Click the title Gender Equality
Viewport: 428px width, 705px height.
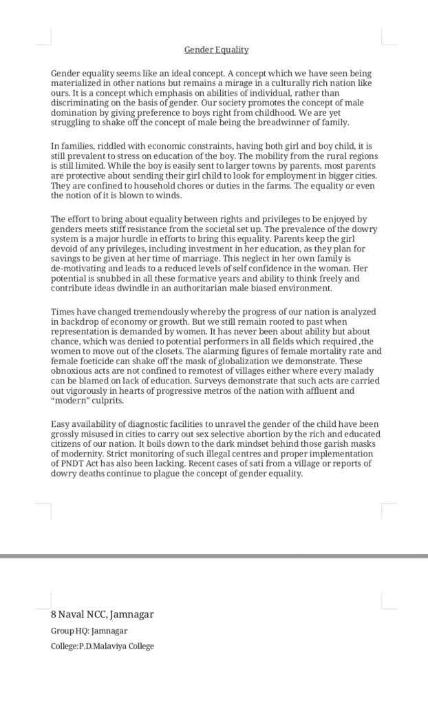coord(216,50)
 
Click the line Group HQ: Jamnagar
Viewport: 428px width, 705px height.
coord(89,631)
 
